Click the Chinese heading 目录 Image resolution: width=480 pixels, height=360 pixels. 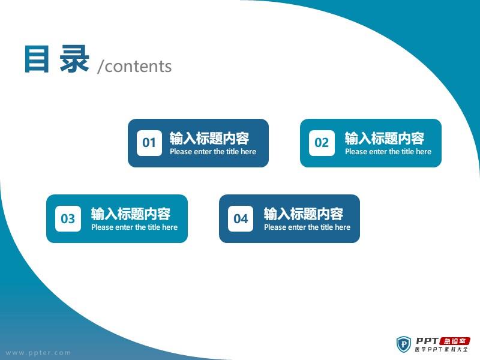tap(57, 59)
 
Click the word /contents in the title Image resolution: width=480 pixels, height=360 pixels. tap(134, 66)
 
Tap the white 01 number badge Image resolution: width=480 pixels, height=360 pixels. tap(149, 143)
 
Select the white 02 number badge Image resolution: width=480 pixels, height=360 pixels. tap(322, 143)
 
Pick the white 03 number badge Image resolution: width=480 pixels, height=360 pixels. tap(68, 218)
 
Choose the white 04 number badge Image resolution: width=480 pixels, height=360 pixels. tap(241, 218)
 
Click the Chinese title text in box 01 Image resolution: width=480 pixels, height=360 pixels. tap(209, 139)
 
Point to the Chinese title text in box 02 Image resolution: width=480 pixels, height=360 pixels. tap(385, 139)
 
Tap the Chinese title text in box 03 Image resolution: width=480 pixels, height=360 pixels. tap(131, 214)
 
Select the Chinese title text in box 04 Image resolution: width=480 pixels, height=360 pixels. tap(304, 214)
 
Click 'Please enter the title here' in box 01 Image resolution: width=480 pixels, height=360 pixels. tap(213, 152)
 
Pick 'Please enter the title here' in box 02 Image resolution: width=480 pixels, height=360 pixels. tap(388, 152)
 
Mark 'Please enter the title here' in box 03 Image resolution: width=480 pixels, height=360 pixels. tap(134, 227)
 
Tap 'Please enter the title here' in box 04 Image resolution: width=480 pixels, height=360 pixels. tap(307, 227)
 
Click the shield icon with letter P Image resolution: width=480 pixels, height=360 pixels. tap(404, 344)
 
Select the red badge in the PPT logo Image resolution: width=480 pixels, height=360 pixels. tap(455, 341)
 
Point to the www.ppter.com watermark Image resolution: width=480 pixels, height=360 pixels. tap(38, 353)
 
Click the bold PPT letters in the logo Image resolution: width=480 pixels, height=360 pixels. tap(427, 341)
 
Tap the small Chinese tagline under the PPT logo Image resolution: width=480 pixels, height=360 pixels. tap(442, 349)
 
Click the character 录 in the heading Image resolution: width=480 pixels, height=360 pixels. tap(74, 59)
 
